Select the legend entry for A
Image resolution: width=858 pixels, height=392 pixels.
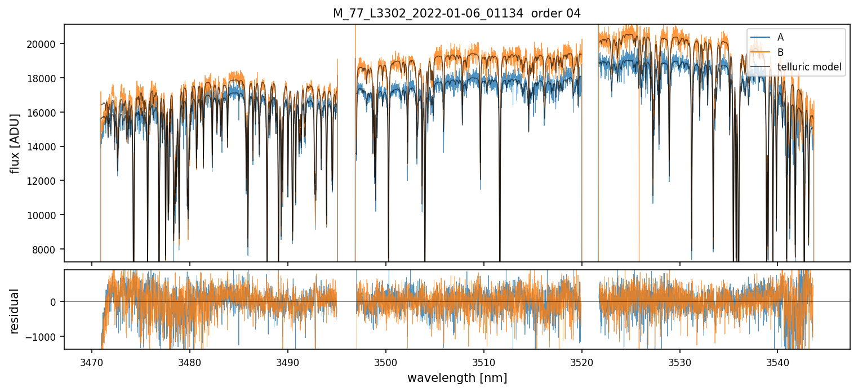(780, 37)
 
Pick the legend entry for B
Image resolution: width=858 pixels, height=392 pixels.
(780, 52)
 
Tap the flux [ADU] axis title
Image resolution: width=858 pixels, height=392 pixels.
(15, 143)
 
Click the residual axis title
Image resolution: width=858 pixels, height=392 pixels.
(15, 310)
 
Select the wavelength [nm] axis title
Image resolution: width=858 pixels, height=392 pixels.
(457, 377)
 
